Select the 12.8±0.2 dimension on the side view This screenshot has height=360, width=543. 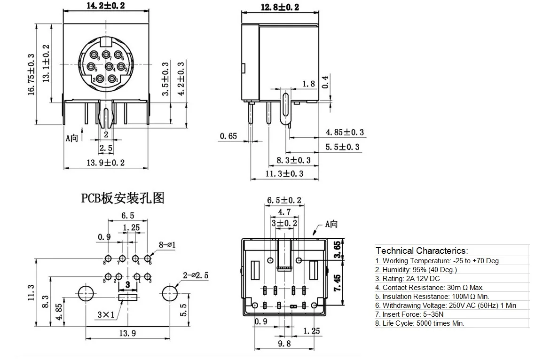280,6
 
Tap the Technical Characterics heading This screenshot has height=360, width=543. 422,251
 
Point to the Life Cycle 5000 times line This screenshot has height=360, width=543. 419,323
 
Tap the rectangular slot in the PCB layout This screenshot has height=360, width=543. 128,297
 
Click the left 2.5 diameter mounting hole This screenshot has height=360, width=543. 85,293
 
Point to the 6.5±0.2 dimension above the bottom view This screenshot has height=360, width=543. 284,200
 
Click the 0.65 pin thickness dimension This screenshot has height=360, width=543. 228,136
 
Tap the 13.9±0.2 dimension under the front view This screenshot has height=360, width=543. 106,163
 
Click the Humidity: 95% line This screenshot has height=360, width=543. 416,269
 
